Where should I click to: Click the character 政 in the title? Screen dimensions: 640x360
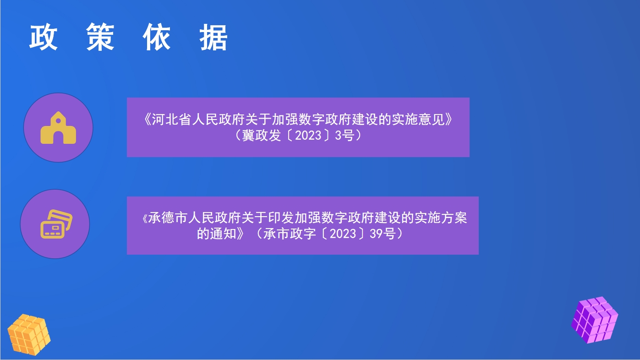pyautogui.click(x=44, y=37)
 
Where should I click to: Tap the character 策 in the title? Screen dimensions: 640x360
pyautogui.click(x=100, y=37)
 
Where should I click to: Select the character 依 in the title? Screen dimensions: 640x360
pyautogui.click(x=157, y=37)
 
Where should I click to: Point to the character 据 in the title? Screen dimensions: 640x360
pyautogui.click(x=213, y=37)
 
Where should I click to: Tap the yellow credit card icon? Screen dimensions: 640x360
pyautogui.click(x=56, y=224)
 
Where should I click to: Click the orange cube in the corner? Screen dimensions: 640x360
pyautogui.click(x=29, y=334)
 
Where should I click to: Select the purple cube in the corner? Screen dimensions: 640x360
pyautogui.click(x=595, y=320)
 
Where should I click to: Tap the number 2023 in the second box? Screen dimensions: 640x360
pyautogui.click(x=343, y=234)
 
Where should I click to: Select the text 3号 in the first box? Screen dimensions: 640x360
pyautogui.click(x=345, y=135)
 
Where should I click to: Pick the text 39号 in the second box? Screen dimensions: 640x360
pyautogui.click(x=383, y=234)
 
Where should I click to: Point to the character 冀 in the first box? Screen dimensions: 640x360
pyautogui.click(x=248, y=135)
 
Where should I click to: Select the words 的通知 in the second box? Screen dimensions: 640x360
pyautogui.click(x=216, y=234)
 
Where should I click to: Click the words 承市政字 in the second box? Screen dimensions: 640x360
pyautogui.click(x=290, y=234)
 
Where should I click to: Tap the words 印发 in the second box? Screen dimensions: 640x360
pyautogui.click(x=281, y=218)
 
